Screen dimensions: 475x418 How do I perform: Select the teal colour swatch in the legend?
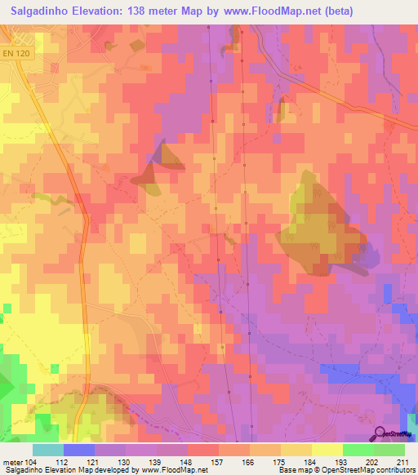point(48,450)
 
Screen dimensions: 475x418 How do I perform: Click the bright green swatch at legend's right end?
point(389,450)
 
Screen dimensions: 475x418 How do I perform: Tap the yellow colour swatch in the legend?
point(327,450)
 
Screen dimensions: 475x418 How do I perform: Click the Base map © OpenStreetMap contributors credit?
point(346,470)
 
